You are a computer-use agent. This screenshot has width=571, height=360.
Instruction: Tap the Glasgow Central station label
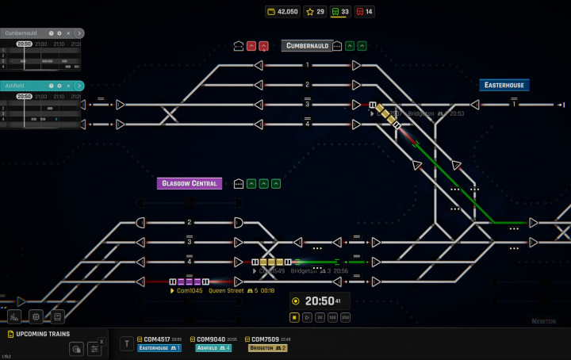click(189, 183)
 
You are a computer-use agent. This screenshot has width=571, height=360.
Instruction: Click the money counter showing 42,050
click(282, 11)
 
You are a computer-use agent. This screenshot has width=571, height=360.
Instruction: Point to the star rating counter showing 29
click(316, 11)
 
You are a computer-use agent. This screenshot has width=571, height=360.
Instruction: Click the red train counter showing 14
click(365, 11)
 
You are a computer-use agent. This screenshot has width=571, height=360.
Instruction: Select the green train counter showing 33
click(340, 11)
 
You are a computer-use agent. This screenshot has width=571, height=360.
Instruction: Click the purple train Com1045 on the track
click(189, 281)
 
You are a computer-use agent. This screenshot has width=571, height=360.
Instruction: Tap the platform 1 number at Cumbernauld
click(307, 65)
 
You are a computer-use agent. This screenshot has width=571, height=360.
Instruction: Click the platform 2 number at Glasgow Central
click(190, 223)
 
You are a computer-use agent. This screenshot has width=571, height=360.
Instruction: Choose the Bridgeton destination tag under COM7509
click(267, 347)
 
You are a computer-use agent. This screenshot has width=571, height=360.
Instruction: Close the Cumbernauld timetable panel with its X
click(68, 33)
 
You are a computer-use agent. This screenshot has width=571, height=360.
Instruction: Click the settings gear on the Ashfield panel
click(59, 85)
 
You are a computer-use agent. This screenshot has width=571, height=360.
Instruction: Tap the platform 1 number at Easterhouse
click(514, 104)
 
